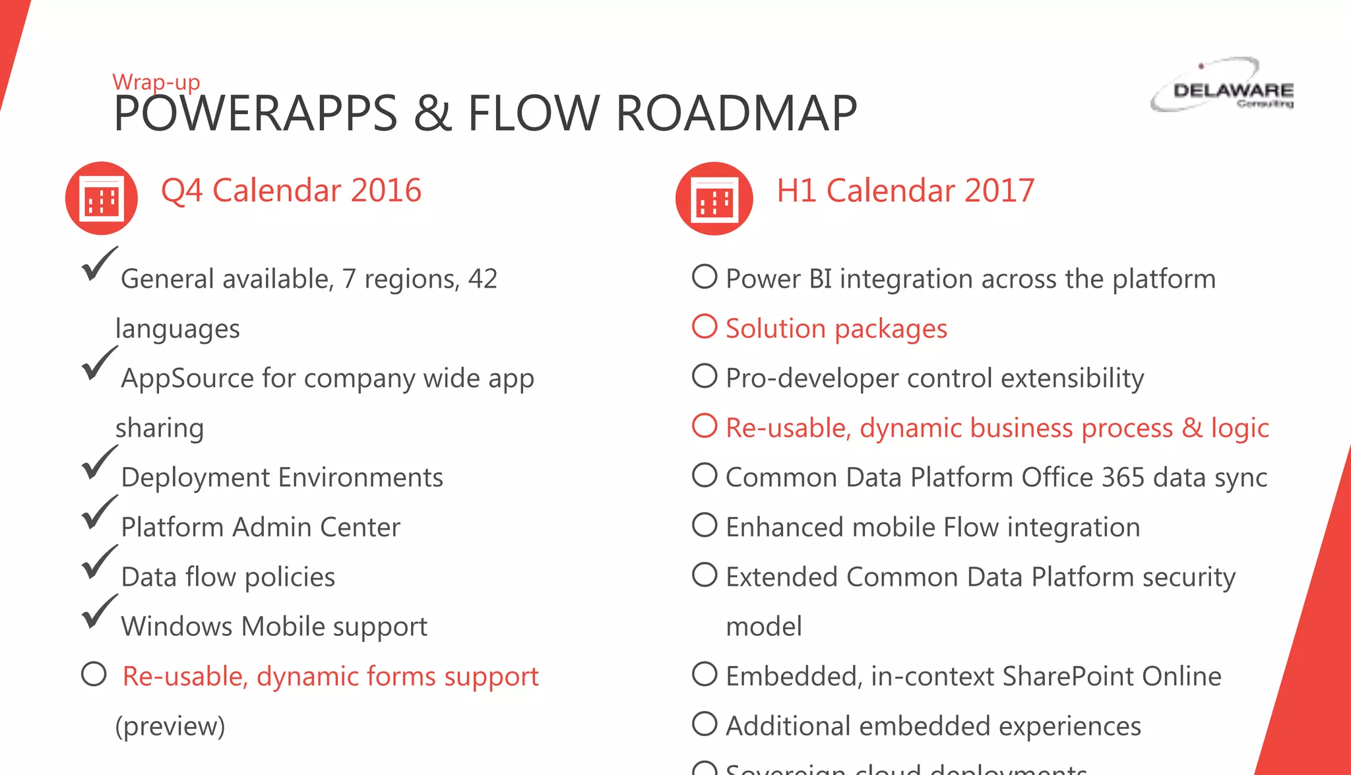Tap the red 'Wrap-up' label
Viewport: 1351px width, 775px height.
(x=156, y=82)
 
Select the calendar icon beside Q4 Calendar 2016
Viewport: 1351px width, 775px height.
(x=101, y=199)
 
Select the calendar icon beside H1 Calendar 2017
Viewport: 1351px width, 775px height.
(x=714, y=199)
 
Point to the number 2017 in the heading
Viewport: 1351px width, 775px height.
(x=999, y=191)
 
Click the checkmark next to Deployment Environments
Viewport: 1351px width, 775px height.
(x=99, y=463)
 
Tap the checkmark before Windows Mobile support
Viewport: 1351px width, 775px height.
(x=99, y=612)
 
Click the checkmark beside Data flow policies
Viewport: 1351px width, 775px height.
(x=99, y=563)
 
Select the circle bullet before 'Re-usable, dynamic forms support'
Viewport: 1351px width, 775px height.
(x=94, y=674)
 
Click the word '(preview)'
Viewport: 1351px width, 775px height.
(x=170, y=726)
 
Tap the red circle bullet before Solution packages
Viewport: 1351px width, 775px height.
(x=705, y=326)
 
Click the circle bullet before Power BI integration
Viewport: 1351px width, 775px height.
(x=705, y=277)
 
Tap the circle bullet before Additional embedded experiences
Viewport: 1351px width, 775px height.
(x=705, y=724)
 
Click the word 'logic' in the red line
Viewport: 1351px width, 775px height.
(x=1240, y=429)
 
